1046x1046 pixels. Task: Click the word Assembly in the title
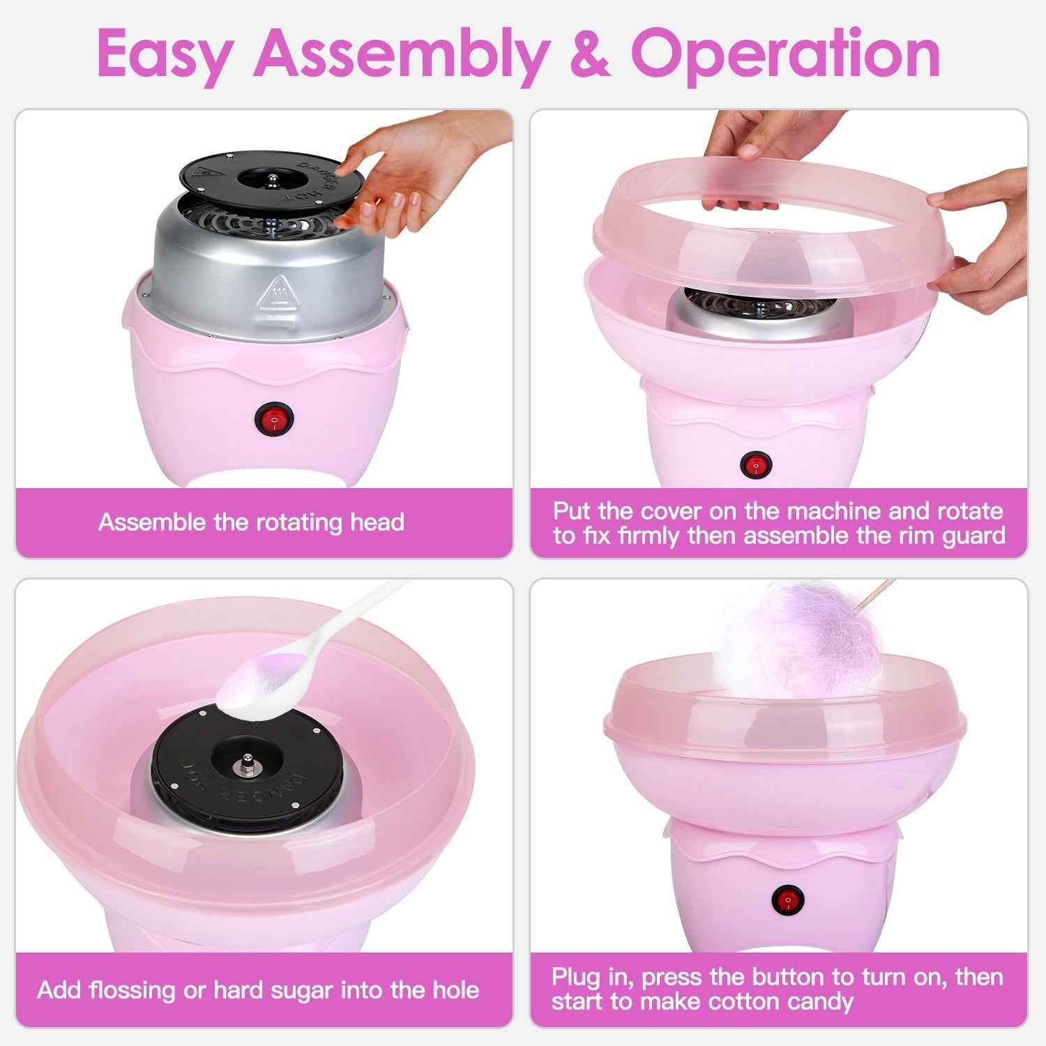(x=400, y=54)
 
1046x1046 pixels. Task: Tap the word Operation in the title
(x=785, y=54)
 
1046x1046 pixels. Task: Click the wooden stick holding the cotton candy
(x=876, y=593)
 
